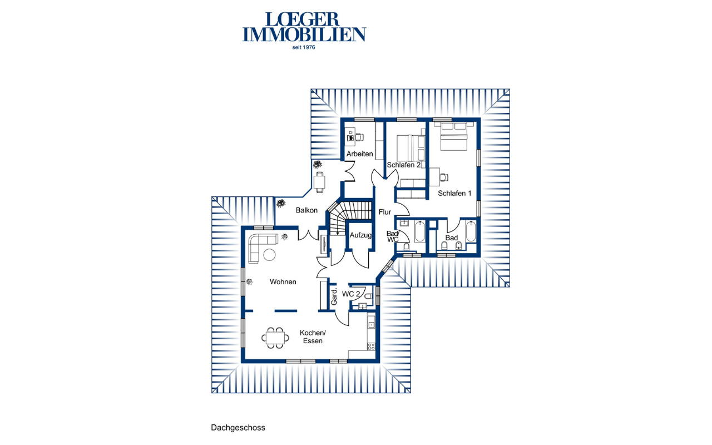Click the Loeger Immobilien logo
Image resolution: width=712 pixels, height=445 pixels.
point(304,27)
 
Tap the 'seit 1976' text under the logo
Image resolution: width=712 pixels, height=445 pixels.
point(304,47)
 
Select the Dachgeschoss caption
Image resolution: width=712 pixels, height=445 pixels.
point(238,428)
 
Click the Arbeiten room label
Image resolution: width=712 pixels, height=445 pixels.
point(359,154)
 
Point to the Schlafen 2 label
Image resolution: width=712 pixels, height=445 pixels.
point(404,165)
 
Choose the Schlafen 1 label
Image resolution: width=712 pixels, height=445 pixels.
point(454,193)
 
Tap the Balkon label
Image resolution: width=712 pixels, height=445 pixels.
point(306,210)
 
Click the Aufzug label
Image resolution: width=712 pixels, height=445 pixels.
point(360,235)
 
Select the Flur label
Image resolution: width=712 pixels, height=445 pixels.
point(384,212)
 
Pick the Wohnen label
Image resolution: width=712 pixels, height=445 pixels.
point(283,282)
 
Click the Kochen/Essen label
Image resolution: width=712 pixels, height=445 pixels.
point(313,337)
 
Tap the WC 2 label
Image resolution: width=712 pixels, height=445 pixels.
point(351,294)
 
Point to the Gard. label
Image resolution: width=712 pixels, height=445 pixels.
point(334,297)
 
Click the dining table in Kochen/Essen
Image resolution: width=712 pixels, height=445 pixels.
point(275,338)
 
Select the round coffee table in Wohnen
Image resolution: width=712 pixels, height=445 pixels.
point(270,255)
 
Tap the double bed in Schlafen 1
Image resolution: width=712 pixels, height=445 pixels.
point(453,136)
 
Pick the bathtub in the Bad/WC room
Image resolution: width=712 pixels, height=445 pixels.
point(419,231)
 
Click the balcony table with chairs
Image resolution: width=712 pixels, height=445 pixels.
point(319,182)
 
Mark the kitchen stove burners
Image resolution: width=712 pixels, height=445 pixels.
point(371,347)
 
